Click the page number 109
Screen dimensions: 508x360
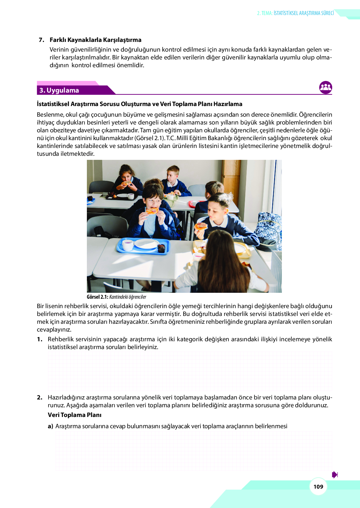(318, 487)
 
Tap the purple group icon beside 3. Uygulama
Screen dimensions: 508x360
(326, 88)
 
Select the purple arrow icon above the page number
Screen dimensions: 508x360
(335, 475)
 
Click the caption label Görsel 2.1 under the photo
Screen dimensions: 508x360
(97, 297)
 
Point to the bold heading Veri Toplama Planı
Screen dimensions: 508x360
(74, 415)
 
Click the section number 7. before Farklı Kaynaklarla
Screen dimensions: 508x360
(41, 40)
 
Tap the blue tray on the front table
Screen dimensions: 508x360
(143, 246)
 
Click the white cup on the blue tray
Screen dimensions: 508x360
(127, 245)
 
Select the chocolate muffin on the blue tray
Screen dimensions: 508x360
(161, 248)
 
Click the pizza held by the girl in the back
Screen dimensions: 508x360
(126, 183)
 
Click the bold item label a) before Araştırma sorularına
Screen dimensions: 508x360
(50, 426)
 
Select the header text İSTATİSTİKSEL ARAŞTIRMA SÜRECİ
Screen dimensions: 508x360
(303, 13)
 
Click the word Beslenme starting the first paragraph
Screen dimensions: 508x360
(50, 114)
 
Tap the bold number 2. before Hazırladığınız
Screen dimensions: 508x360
(40, 397)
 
